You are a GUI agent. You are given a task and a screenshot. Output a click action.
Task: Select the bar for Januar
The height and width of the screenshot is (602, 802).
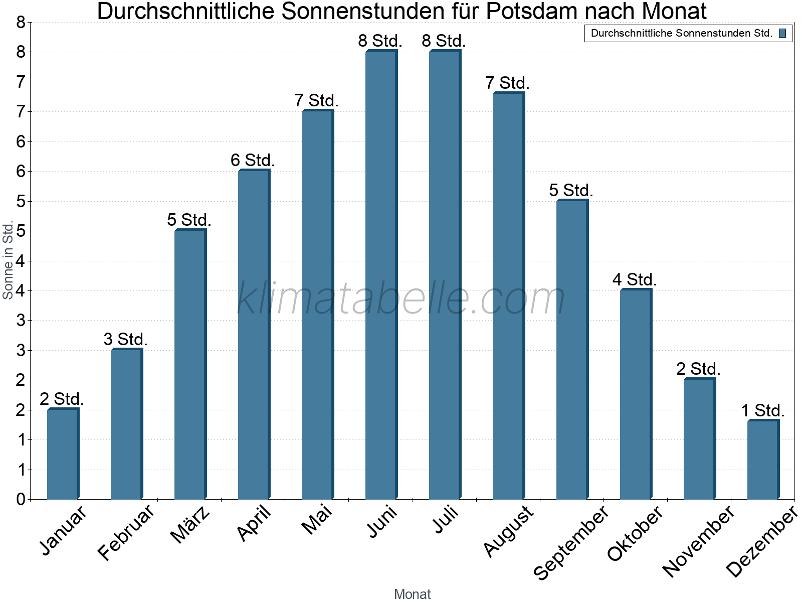[63, 454]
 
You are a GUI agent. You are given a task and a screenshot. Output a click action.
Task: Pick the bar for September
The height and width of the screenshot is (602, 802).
[572, 350]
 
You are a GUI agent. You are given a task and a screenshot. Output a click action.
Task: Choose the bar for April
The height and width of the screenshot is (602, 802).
[254, 335]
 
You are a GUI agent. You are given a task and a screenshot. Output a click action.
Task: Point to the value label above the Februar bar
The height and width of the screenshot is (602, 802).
[125, 340]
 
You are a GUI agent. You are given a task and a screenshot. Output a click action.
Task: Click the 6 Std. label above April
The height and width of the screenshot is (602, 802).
[253, 161]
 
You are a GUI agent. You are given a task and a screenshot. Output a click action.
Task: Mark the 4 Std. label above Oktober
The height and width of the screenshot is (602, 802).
[634, 280]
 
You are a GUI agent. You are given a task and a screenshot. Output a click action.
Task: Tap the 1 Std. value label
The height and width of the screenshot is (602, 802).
[762, 411]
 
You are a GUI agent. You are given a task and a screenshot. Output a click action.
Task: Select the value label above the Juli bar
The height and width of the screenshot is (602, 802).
[444, 41]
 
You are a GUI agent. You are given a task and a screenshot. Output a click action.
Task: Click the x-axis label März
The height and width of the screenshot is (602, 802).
[190, 524]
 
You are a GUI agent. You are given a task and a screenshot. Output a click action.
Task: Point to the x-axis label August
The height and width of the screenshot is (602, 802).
[508, 531]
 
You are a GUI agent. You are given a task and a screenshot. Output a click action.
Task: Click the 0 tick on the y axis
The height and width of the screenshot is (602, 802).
[21, 499]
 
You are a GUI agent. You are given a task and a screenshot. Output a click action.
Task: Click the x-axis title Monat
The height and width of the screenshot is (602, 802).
[412, 594]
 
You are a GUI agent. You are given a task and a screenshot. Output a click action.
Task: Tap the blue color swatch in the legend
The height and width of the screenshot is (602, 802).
[782, 34]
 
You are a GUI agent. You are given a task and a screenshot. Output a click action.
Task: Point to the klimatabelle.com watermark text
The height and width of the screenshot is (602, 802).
[401, 298]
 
